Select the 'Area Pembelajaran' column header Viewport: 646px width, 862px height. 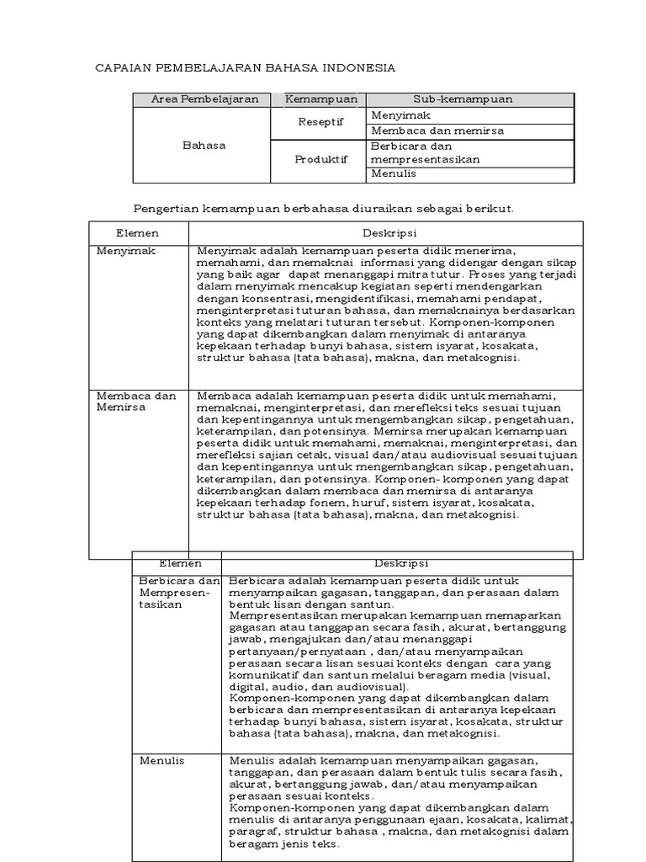(x=204, y=99)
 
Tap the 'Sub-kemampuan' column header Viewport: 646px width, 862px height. (x=462, y=99)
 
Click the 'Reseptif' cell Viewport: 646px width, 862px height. (x=320, y=122)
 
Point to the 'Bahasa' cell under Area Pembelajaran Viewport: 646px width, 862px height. (x=204, y=145)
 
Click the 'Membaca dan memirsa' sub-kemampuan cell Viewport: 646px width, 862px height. (x=425, y=130)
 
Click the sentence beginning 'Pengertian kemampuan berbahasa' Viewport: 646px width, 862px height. (x=324, y=207)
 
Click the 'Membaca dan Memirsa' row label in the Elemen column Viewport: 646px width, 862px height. (x=136, y=402)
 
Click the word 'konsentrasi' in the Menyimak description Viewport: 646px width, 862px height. (x=266, y=298)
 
